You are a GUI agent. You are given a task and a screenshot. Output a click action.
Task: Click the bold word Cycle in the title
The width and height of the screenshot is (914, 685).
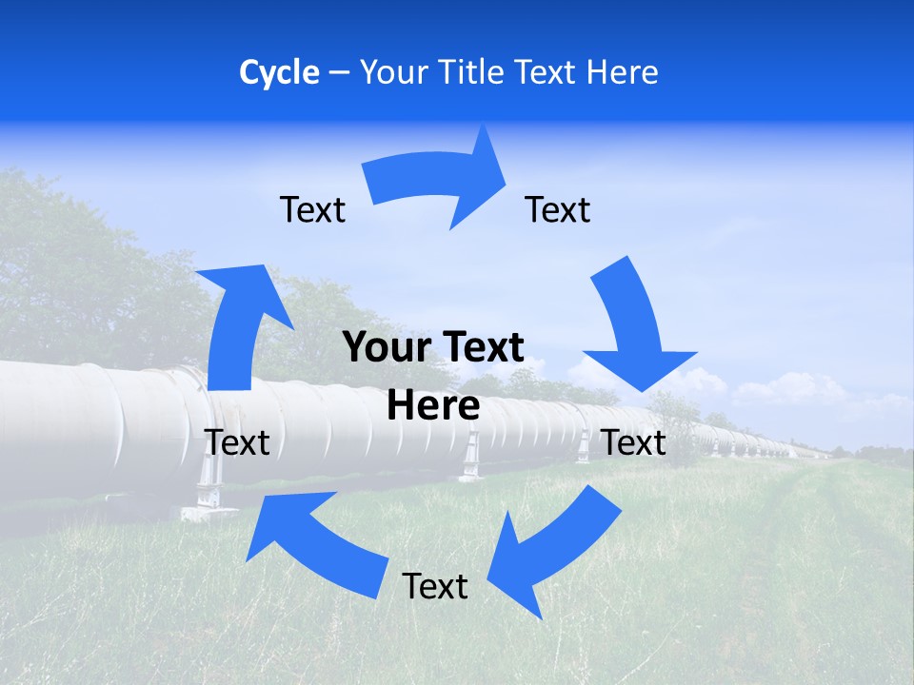pos(279,72)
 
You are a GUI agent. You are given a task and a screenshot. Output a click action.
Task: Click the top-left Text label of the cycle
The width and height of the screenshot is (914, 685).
pos(312,209)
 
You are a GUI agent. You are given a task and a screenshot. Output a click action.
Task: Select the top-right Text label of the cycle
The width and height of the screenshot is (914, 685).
pos(558,209)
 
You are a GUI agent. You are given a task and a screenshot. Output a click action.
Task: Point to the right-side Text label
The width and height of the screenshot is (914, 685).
pos(634,442)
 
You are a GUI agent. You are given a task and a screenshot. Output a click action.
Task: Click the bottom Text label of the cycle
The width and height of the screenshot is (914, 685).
pos(435,586)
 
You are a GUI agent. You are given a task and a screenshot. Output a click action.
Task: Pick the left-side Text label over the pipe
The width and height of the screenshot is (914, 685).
pos(237,442)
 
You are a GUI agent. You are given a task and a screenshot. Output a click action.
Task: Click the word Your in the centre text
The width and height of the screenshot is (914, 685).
pos(381,347)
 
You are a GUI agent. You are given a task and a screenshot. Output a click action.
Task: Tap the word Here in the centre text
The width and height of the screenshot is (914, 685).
pos(433,406)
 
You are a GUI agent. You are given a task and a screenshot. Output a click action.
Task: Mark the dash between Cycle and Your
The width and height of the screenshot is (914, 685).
pos(339,72)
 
